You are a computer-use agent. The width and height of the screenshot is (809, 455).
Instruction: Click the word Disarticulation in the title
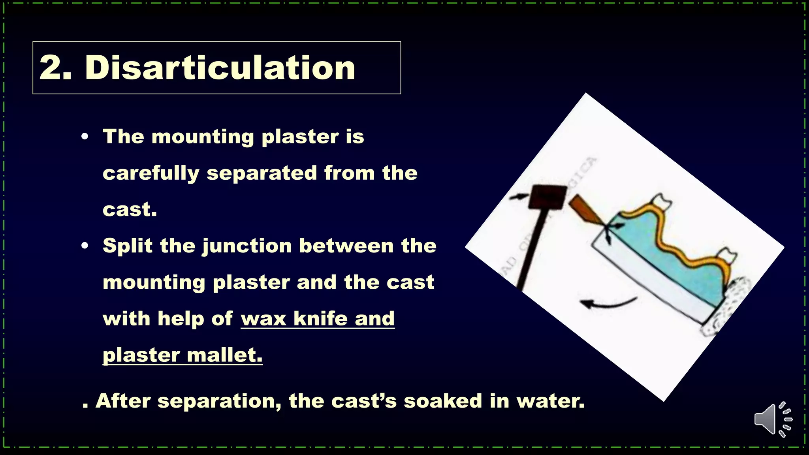[220, 68]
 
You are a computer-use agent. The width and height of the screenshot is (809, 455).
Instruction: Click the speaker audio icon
[772, 419]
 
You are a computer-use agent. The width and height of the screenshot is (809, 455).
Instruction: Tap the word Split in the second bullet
[127, 246]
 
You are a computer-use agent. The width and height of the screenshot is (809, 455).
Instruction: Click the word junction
[247, 246]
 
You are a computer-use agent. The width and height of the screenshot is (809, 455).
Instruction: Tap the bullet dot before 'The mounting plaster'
[85, 137]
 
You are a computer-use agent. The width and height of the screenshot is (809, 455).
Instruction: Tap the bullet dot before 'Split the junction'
[85, 246]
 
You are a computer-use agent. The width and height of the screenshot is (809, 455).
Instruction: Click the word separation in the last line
[219, 401]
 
